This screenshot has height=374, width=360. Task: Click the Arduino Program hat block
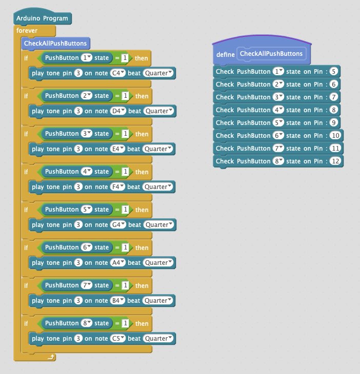point(43,19)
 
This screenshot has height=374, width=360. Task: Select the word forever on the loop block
point(27,31)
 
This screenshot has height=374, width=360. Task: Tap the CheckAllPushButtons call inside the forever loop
point(55,44)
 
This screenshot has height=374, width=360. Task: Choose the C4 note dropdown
point(118,73)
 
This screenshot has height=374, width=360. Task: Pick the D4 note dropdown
point(118,111)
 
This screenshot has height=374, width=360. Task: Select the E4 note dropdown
point(118,149)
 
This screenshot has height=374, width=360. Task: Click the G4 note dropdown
point(118,224)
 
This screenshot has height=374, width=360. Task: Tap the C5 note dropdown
point(118,338)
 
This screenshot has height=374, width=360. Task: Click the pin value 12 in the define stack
point(335,161)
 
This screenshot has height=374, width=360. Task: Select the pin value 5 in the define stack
point(334,71)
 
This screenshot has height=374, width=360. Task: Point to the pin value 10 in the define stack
point(335,135)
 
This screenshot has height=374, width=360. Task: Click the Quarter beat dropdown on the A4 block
point(159,262)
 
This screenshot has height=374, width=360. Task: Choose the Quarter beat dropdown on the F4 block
point(158,186)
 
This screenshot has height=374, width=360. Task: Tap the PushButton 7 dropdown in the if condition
point(86,285)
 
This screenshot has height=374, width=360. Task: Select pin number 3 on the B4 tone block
point(78,300)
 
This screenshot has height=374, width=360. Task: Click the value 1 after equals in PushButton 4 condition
point(125,172)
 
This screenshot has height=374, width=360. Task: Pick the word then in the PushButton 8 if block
point(142,323)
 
